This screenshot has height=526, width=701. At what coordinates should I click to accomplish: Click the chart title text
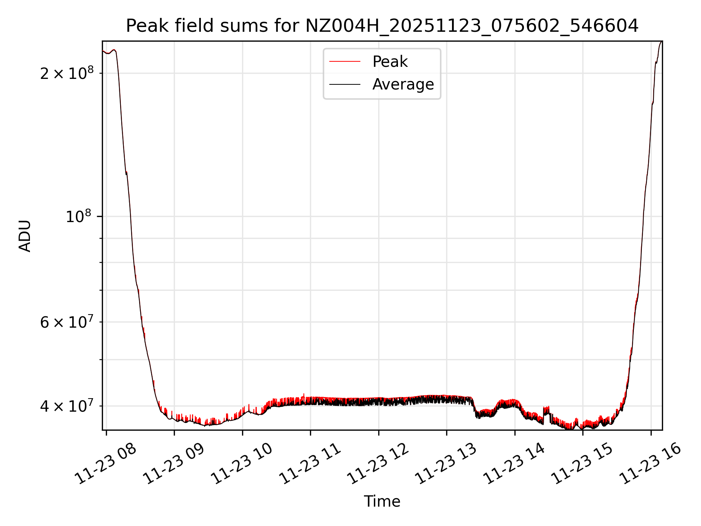pyautogui.click(x=382, y=26)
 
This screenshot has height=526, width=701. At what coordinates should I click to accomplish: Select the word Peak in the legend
pyautogui.click(x=390, y=62)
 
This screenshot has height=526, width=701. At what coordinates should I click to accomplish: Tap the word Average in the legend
pyautogui.click(x=403, y=84)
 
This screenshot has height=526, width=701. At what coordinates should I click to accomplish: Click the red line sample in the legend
pyautogui.click(x=345, y=62)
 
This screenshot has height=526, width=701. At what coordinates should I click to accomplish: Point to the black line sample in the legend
pyautogui.click(x=345, y=84)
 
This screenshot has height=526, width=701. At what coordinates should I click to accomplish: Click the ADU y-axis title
pyautogui.click(x=25, y=236)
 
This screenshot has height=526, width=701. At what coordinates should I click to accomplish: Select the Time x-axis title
pyautogui.click(x=382, y=502)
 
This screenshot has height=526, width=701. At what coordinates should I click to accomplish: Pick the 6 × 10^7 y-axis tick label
pyautogui.click(x=67, y=322)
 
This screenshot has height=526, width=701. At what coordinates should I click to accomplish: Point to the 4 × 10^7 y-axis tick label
pyautogui.click(x=67, y=405)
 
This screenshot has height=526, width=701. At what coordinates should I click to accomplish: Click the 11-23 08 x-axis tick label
pyautogui.click(x=106, y=464)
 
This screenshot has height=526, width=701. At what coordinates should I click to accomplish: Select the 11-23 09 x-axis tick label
pyautogui.click(x=173, y=464)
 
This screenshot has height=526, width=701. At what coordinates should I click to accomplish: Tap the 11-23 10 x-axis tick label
pyautogui.click(x=242, y=464)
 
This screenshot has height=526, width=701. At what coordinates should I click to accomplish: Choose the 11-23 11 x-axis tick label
pyautogui.click(x=310, y=464)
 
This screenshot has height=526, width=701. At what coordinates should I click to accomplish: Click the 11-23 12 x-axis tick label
pyautogui.click(x=378, y=464)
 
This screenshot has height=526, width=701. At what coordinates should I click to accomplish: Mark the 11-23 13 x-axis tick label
pyautogui.click(x=446, y=464)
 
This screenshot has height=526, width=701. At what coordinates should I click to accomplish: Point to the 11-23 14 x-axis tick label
pyautogui.click(x=514, y=464)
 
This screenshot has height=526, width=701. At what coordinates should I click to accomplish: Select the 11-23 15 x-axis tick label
pyautogui.click(x=582, y=464)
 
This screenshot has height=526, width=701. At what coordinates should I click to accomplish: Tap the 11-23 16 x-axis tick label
pyautogui.click(x=650, y=464)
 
